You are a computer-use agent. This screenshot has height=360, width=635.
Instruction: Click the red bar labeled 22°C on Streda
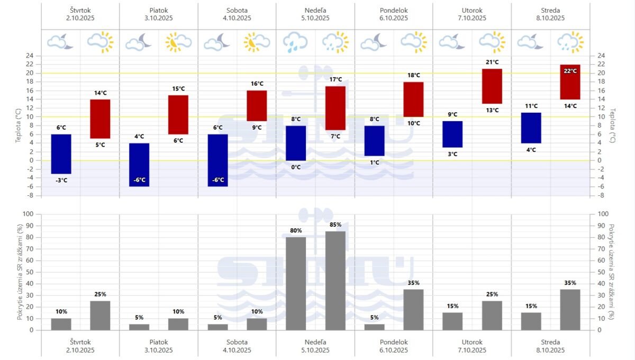(570, 82)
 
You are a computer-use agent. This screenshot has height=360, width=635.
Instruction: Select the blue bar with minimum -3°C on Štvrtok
(61, 154)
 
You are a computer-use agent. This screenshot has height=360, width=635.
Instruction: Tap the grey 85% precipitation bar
(335, 281)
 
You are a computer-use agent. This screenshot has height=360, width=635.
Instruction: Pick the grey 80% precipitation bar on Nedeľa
(296, 283)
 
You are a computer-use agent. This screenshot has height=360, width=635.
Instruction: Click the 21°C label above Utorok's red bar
(492, 62)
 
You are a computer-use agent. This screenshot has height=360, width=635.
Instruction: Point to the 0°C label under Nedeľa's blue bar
(296, 167)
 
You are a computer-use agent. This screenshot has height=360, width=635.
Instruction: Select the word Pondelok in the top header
(393, 10)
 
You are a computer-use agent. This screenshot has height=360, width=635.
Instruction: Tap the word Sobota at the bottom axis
(237, 342)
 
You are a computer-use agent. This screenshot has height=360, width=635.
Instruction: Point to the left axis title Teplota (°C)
(19, 125)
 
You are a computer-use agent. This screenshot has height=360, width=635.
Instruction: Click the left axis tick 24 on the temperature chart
(30, 56)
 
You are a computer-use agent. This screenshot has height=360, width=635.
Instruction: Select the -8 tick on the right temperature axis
(601, 195)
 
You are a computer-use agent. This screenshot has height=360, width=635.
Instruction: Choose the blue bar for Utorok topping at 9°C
(452, 134)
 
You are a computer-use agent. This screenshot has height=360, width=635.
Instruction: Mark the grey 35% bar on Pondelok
(413, 309)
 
